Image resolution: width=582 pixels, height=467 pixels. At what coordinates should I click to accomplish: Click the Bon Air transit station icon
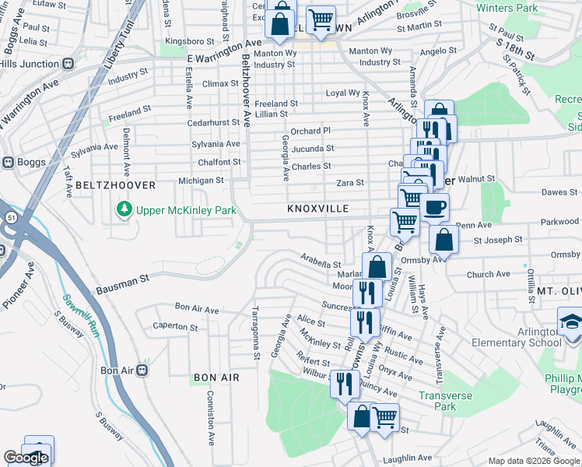tap(142, 370)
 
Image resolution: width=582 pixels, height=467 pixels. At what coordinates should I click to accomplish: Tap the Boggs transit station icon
tap(9, 163)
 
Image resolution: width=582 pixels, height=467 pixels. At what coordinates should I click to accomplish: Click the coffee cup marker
tap(435, 208)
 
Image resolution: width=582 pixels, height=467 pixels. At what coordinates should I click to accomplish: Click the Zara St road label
tap(350, 182)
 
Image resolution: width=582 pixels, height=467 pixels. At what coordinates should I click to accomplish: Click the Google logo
tap(26, 458)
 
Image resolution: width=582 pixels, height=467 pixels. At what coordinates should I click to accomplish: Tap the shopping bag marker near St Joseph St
tap(443, 239)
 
